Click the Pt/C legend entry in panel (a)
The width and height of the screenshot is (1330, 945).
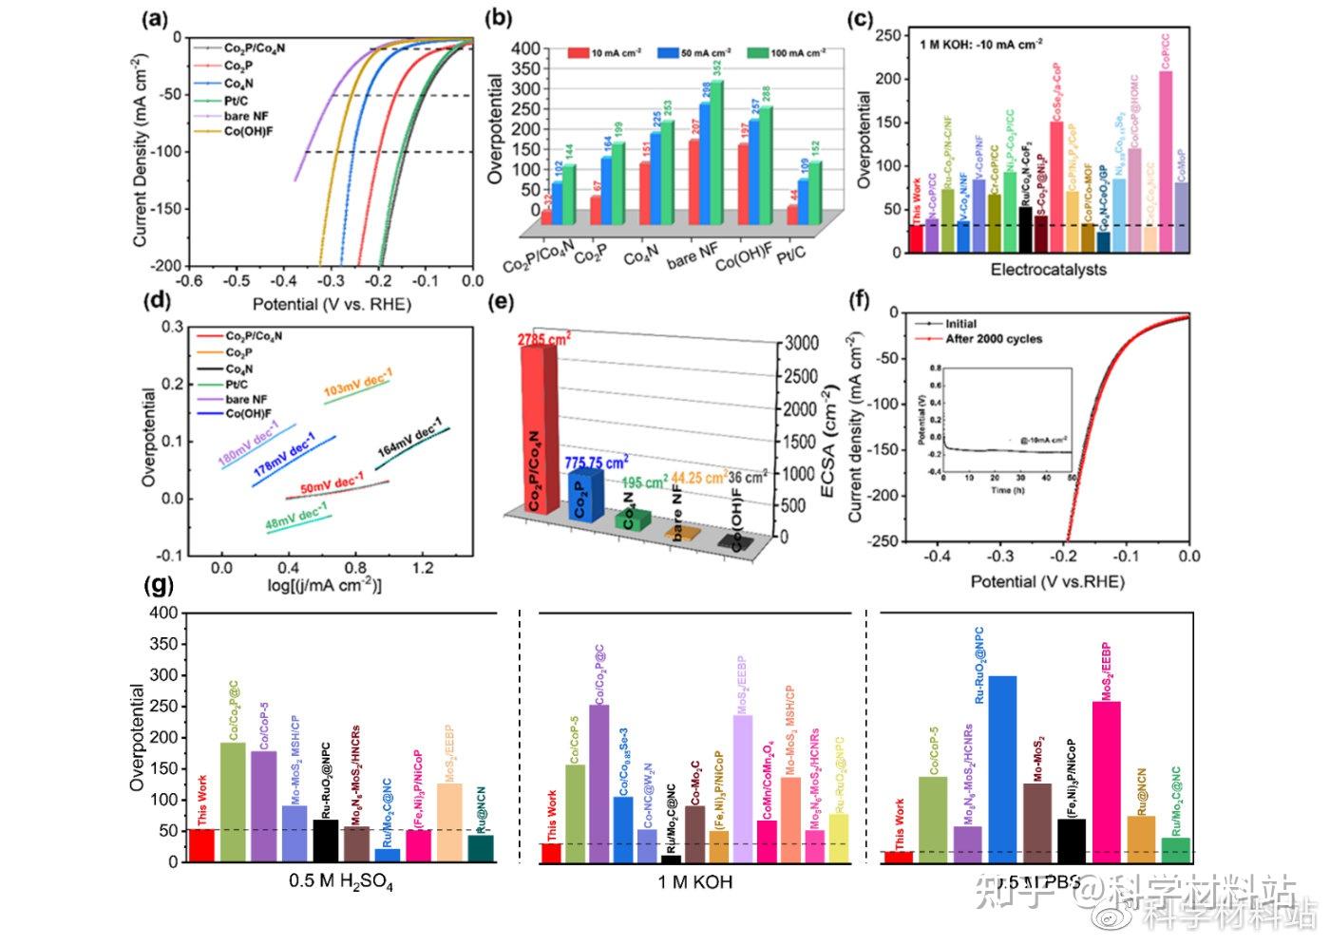(x=236, y=100)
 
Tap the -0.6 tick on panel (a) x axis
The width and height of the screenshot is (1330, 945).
(x=192, y=282)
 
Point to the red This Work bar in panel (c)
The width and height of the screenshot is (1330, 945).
(x=916, y=238)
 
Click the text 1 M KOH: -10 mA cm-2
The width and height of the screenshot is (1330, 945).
(x=980, y=43)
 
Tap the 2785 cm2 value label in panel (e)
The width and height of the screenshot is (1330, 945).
(x=544, y=338)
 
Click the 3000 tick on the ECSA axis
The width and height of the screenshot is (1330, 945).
(x=800, y=343)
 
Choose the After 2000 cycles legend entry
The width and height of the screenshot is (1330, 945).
(x=993, y=339)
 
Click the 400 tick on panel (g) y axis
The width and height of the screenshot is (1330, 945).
(x=164, y=614)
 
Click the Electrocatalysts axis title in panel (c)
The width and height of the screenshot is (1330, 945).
(x=1048, y=270)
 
